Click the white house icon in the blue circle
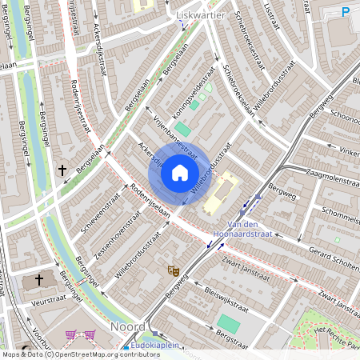[180, 172]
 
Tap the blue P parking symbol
[346, 11]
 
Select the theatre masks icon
[172, 271]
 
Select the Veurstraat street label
[38, 300]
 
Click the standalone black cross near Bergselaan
[62, 170]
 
